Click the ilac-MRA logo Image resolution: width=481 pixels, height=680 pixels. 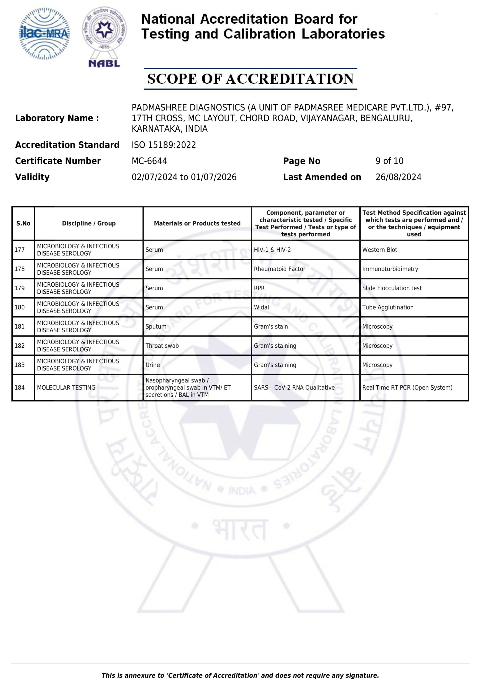(44, 34)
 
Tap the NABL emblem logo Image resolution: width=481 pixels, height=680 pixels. (104, 37)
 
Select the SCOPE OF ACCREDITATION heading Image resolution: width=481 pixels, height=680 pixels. (250, 79)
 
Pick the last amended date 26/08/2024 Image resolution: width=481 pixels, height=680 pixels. (398, 177)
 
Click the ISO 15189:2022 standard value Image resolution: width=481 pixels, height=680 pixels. (164, 145)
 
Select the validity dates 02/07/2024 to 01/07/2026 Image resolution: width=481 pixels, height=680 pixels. (184, 177)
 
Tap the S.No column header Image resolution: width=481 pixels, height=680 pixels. (23, 223)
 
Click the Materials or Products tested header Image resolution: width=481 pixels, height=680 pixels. (197, 223)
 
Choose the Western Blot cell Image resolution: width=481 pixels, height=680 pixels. (380, 250)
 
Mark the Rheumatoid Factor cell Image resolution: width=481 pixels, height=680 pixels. (279, 269)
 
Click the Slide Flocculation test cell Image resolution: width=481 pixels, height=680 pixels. (391, 288)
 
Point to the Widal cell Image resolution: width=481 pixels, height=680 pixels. (261, 307)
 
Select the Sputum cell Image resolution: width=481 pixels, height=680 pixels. (156, 327)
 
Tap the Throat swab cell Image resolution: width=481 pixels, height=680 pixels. (162, 346)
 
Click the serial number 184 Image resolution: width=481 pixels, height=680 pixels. (20, 387)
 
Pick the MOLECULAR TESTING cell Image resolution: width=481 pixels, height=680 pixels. (66, 387)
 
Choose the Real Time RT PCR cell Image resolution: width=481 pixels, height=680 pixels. (407, 387)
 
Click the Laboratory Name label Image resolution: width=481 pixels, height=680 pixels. (57, 118)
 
